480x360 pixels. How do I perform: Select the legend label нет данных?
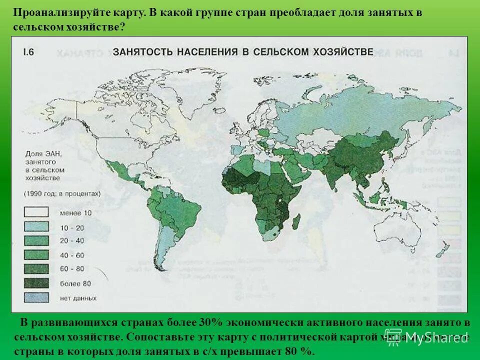78,298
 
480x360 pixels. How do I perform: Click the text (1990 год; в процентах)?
61,193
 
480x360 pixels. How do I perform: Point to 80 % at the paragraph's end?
300,350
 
